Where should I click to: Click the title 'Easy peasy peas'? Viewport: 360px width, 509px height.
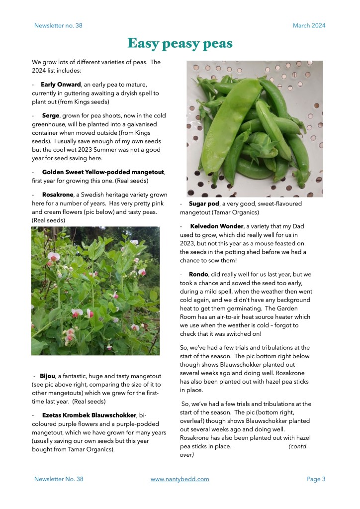tap(180, 43)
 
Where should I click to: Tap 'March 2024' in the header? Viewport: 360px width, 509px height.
tap(309, 25)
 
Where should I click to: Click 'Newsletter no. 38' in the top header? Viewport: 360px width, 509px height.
tap(58, 25)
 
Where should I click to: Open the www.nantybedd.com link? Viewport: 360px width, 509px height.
tap(180, 479)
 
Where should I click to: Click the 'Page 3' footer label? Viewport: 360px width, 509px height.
tap(316, 479)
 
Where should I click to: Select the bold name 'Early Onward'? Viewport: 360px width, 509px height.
tap(61, 85)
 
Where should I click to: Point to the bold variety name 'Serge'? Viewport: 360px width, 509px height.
tap(51, 115)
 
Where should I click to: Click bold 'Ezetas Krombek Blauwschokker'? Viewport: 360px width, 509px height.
tap(89, 414)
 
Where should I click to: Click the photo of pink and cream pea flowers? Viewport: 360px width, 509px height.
tap(95, 291)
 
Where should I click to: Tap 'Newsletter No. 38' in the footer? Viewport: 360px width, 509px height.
tap(59, 479)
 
